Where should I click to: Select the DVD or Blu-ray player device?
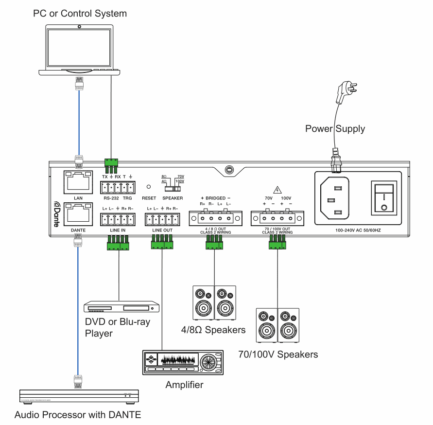coord(122,307)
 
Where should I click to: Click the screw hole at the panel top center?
coord(227,170)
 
